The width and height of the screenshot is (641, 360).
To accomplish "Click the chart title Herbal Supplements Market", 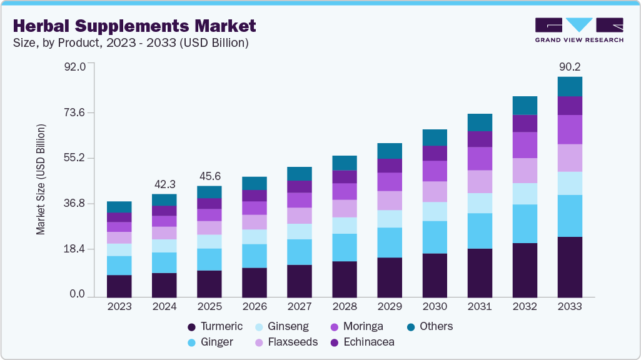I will pyautogui.click(x=134, y=26).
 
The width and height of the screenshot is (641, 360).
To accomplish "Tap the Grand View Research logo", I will pyautogui.click(x=578, y=29).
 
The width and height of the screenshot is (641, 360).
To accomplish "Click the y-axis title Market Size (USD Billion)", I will pyautogui.click(x=41, y=179).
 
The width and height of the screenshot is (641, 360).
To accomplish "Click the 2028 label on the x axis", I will pyautogui.click(x=345, y=307).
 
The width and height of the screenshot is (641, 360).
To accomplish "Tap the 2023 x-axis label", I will pyautogui.click(x=119, y=307).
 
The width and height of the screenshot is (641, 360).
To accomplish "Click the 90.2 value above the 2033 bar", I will pyautogui.click(x=570, y=66).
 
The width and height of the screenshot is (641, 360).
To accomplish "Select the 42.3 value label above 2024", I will pyautogui.click(x=164, y=184).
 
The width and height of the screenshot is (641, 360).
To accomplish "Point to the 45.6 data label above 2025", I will pyautogui.click(x=209, y=176).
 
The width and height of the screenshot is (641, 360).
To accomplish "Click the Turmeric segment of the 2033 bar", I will pyautogui.click(x=570, y=267).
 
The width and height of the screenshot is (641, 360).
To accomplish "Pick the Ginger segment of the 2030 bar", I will pyautogui.click(x=435, y=237).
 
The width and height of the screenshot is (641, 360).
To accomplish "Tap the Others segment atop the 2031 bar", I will pyautogui.click(x=480, y=122).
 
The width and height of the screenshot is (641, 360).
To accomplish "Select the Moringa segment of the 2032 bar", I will pyautogui.click(x=525, y=144).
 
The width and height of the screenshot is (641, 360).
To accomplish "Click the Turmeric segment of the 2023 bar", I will pyautogui.click(x=119, y=286).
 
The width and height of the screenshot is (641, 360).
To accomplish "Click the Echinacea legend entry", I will pyautogui.click(x=362, y=342).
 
